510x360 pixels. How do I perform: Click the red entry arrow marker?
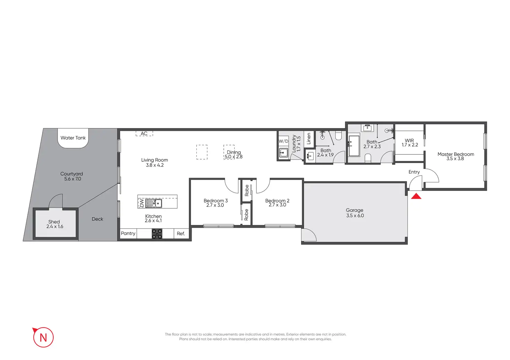416,196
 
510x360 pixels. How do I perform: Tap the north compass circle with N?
43,337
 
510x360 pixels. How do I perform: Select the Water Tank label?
73,138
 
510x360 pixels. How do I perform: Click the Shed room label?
54,222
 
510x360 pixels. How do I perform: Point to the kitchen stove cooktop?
157,234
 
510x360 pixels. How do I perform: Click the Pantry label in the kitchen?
128,234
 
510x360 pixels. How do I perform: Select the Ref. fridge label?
181,234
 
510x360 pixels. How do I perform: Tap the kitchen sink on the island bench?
157,203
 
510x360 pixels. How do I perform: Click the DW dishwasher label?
141,203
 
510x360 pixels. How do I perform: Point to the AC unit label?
144,134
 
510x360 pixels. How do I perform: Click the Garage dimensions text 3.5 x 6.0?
355,216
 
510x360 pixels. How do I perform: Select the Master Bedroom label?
456,154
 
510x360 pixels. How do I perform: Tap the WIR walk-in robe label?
410,141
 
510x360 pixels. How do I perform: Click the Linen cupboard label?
309,138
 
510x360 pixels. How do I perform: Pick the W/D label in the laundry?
283,141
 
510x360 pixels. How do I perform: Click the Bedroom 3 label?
216,201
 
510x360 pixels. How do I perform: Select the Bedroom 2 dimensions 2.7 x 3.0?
278,205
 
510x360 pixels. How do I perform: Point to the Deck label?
97,219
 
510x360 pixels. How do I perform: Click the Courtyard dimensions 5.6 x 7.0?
72,179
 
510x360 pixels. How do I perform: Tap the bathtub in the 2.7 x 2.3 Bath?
354,146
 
